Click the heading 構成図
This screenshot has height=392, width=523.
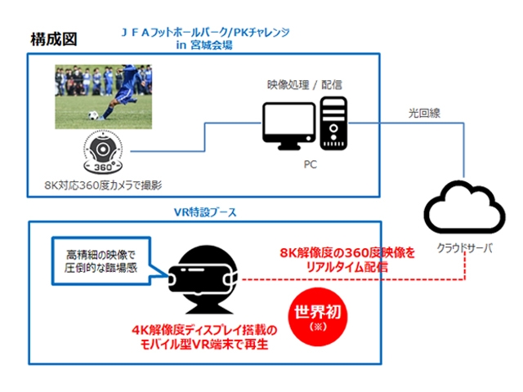pos(53,38)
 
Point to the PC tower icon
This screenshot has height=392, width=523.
pos(333,123)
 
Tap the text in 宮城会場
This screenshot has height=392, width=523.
pos(204,45)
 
